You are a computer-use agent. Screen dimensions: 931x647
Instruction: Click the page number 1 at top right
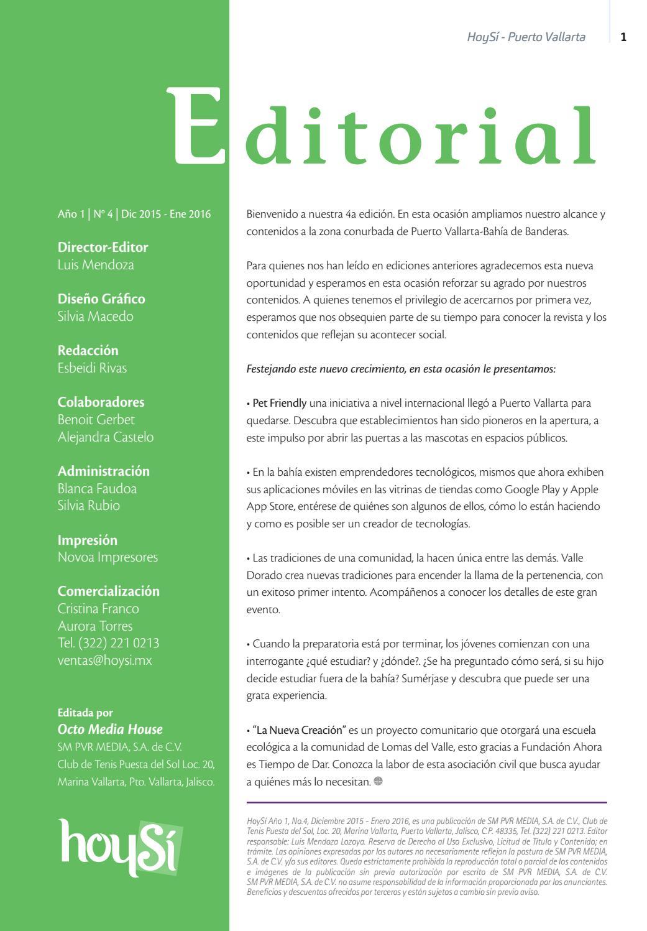(623, 37)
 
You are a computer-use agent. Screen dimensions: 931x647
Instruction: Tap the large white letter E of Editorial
(196, 127)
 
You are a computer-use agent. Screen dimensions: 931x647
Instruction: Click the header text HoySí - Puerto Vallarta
(526, 37)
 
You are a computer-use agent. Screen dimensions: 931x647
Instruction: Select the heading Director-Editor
(103, 248)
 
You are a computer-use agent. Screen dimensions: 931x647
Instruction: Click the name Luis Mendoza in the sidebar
(96, 265)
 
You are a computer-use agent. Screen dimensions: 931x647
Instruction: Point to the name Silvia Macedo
(95, 317)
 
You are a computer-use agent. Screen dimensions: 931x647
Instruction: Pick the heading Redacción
(88, 351)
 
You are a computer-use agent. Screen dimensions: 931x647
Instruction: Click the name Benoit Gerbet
(96, 420)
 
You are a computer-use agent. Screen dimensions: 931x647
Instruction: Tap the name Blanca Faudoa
(97, 489)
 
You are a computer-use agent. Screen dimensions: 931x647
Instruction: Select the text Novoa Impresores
(108, 557)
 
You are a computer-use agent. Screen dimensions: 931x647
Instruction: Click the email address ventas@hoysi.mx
(104, 660)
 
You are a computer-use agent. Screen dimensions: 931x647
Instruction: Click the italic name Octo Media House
(110, 730)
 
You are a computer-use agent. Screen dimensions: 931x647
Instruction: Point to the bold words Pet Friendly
(279, 403)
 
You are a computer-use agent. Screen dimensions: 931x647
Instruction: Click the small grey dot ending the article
(379, 782)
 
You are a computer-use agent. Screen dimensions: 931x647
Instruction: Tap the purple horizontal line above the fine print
(426, 802)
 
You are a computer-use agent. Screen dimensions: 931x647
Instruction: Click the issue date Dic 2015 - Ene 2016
(166, 215)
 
